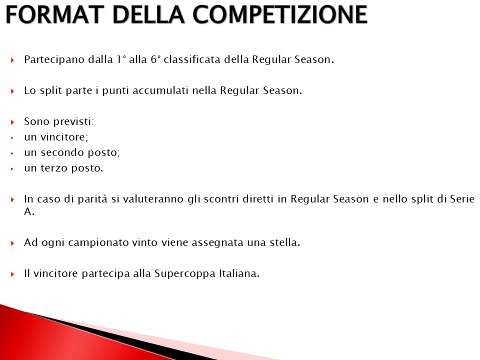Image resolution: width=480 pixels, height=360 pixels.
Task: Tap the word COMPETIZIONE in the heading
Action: coord(280,14)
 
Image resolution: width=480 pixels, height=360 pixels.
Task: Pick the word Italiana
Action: coord(239,273)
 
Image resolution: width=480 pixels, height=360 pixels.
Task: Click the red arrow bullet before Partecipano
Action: coord(12,60)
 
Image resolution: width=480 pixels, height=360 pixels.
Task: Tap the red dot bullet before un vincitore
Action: coord(12,138)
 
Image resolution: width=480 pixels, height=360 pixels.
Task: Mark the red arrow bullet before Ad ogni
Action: coord(12,243)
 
